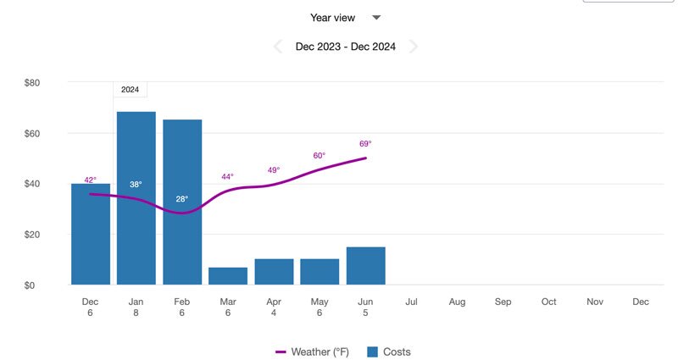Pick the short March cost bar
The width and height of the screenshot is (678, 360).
click(228, 276)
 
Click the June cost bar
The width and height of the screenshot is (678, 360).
click(365, 266)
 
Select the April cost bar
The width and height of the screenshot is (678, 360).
click(274, 272)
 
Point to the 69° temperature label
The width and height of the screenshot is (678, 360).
click(365, 144)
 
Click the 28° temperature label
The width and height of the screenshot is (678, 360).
click(182, 199)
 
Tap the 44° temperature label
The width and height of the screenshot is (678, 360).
click(228, 176)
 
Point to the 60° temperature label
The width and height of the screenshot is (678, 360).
click(320, 155)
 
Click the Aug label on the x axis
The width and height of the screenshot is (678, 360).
click(457, 302)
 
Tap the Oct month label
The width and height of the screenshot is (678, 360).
click(548, 302)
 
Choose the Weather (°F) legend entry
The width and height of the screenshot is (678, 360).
click(312, 352)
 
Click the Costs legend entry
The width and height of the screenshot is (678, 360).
click(389, 352)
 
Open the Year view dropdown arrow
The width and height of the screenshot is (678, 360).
click(377, 18)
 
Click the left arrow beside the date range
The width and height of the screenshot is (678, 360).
click(278, 47)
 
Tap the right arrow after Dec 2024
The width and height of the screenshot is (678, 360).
click(414, 47)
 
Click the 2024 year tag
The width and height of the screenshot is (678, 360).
click(131, 89)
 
